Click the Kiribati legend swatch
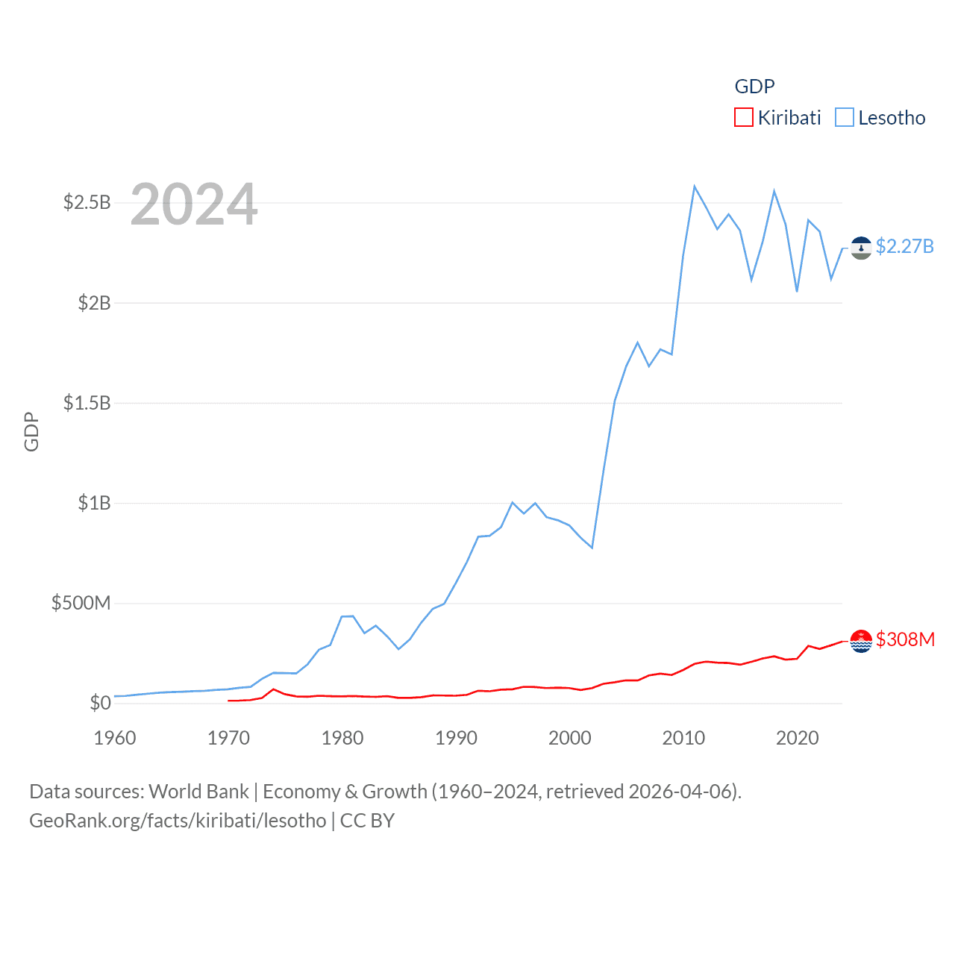[744, 118]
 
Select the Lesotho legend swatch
[845, 118]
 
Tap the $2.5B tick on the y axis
[87, 202]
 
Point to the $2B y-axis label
[94, 303]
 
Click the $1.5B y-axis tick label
[87, 403]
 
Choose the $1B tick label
[94, 503]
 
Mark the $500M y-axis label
[81, 603]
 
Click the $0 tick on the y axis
[100, 703]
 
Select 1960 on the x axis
[115, 738]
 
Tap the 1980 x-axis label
[342, 738]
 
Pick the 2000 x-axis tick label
[570, 738]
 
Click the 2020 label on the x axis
[798, 738]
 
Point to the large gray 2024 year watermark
[194, 204]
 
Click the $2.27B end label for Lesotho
[904, 246]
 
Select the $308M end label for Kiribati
[905, 639]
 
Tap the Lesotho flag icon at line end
[861, 248]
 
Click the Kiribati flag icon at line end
[861, 641]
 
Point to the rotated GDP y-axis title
[31, 431]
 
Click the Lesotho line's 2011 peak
[695, 187]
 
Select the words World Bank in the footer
[199, 791]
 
